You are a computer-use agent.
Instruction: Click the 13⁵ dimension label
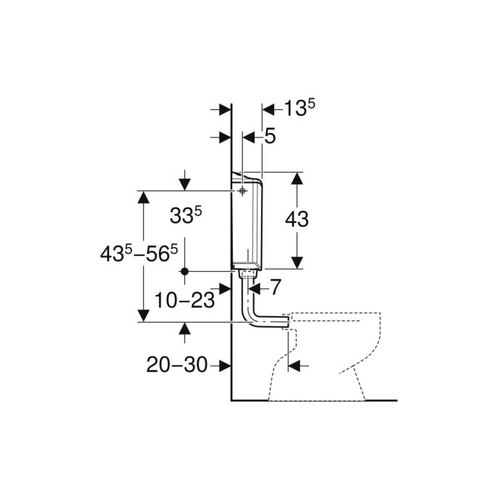point(299,108)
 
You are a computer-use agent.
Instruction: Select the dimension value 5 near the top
point(270,137)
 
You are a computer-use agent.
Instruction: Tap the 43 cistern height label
point(297,219)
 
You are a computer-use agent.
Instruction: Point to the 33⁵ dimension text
point(186,215)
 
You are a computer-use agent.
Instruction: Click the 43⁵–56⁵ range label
point(139,254)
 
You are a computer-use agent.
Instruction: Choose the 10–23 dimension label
point(184,300)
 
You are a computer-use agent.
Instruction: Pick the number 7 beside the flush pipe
point(276,287)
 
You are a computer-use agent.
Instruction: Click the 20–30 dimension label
point(176,364)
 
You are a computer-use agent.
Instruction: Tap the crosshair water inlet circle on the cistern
point(242,191)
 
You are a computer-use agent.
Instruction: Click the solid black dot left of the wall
point(184,271)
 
